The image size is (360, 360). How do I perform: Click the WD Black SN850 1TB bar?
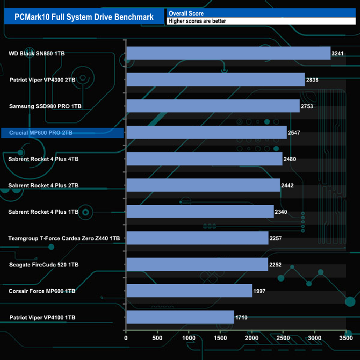pos(228,53)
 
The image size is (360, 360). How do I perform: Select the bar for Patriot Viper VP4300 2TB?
pos(215,80)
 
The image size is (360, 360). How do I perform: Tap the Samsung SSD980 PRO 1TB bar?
pos(213,106)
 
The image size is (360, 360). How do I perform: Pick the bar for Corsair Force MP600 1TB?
pos(189,291)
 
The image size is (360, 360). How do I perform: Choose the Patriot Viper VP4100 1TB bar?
pos(180,317)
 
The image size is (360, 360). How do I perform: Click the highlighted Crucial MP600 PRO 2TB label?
pos(41,132)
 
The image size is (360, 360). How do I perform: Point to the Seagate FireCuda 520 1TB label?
pos(43,265)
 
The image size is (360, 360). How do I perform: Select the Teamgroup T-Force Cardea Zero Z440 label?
pos(64,238)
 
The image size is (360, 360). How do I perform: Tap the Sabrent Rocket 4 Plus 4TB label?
pos(43,159)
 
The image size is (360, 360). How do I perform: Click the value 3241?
pos(338,54)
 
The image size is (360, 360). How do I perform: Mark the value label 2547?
pos(295,133)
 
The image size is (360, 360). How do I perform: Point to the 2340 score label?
pos(282,212)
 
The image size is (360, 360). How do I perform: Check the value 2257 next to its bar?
pos(276,238)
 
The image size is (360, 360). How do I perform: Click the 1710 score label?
pos(242,318)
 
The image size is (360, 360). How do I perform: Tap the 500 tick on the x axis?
pos(158,338)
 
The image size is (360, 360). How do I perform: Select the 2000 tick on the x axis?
pos(252,338)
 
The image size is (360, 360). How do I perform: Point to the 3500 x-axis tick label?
pos(346,338)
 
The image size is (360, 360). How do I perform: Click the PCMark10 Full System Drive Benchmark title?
pos(84,17)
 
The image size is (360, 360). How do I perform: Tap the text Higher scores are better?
pos(198,21)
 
